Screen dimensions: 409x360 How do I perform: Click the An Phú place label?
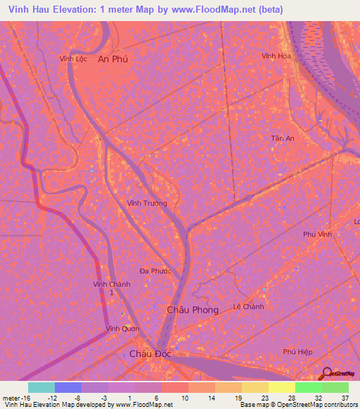point(112,60)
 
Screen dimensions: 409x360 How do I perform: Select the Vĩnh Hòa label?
point(276,56)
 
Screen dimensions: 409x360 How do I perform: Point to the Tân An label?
point(282,138)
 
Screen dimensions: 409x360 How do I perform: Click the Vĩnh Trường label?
point(147,203)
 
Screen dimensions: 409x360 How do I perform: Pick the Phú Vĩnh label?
point(316,235)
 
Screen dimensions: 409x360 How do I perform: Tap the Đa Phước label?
point(155,271)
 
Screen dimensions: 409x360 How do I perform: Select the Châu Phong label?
point(192,309)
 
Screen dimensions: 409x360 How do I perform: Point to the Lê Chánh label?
point(248,307)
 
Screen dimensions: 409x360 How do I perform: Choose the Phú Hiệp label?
point(297,351)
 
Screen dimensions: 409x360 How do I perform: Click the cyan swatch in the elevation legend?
point(41,387)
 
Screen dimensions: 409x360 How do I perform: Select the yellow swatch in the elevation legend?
point(281,387)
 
